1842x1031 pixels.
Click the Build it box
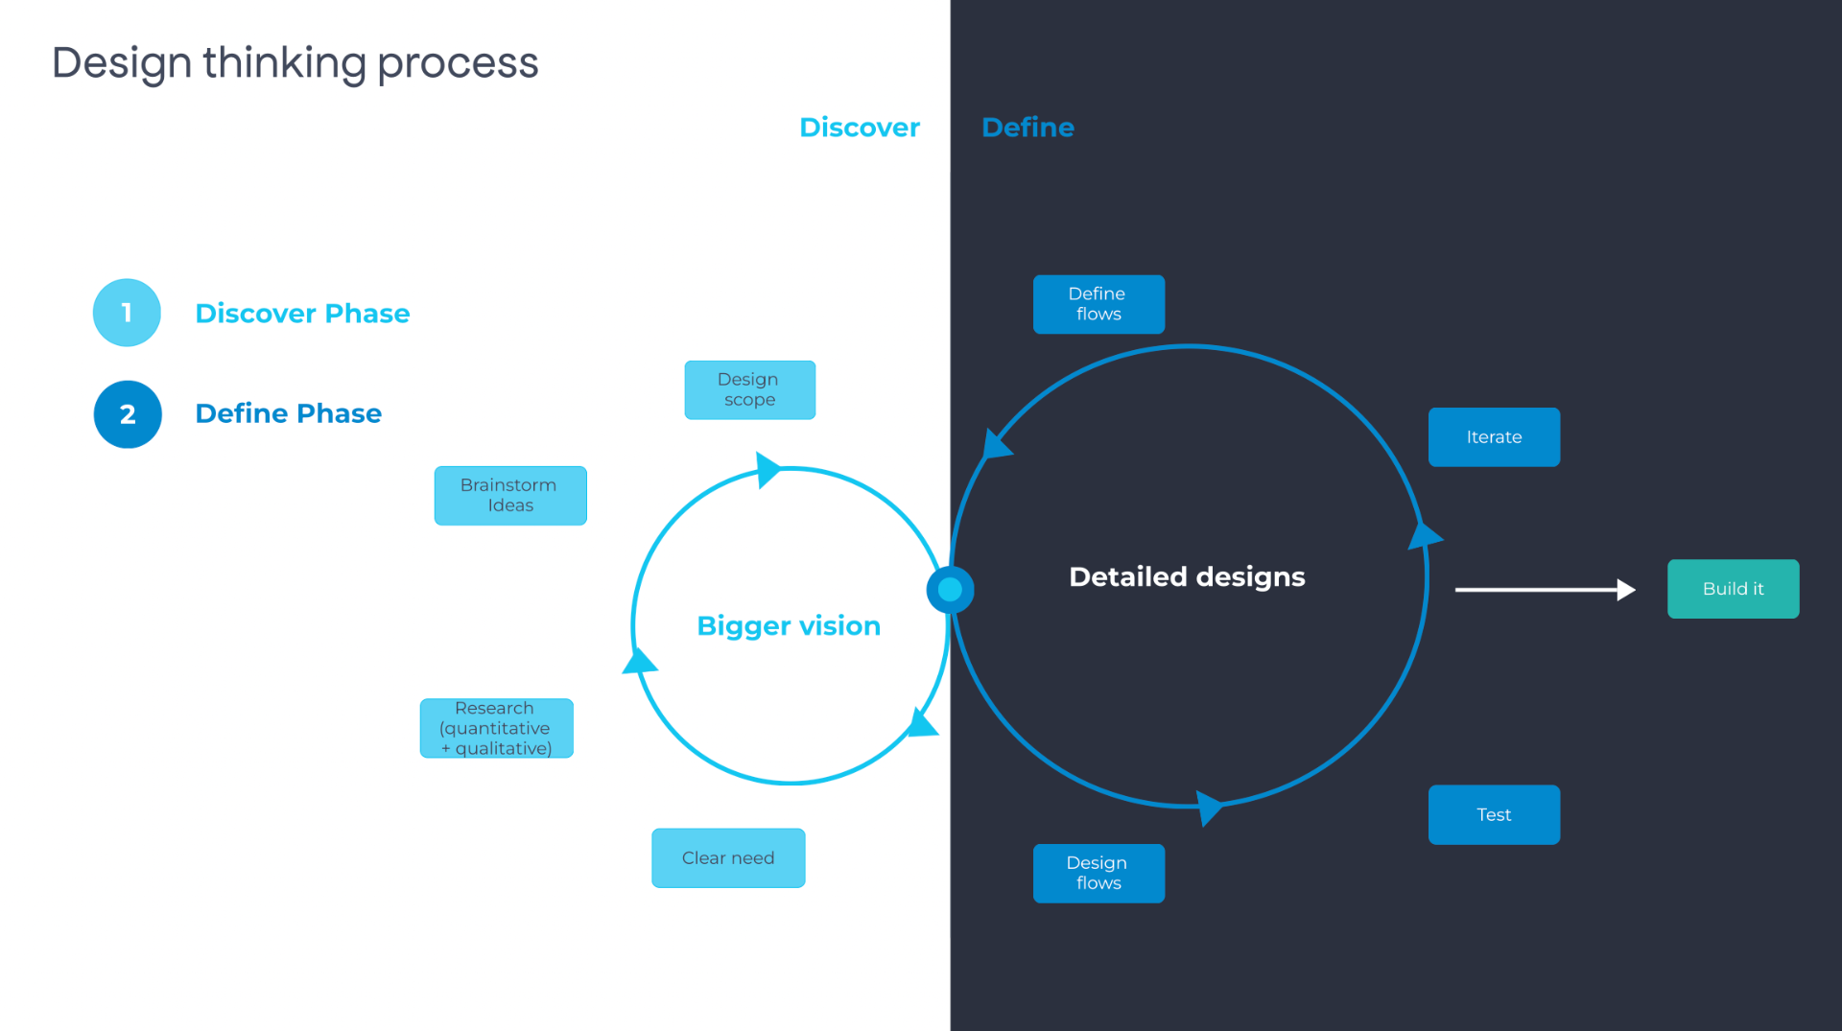pos(1733,589)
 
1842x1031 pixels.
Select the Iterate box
pos(1494,437)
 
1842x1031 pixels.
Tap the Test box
pos(1494,815)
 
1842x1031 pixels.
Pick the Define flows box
pos(1098,304)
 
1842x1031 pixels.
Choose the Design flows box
pos(1098,873)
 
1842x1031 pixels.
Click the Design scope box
pos(749,389)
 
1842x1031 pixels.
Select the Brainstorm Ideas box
pos(509,495)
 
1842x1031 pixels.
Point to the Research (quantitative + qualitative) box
pos(496,728)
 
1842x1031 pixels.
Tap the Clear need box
pos(728,858)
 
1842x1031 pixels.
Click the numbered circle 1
pos(127,313)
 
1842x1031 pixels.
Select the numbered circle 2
pos(128,414)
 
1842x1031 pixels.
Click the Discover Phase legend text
pos(302,314)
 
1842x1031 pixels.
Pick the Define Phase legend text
pos(288,413)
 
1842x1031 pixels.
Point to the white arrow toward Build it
pos(1545,590)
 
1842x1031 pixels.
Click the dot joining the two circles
pos(950,590)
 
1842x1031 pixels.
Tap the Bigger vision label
pos(789,626)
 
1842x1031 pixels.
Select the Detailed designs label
pos(1187,576)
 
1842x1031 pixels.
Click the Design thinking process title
pos(295,63)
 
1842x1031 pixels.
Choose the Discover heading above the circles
pos(859,128)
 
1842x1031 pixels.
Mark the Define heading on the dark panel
pos(1027,128)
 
